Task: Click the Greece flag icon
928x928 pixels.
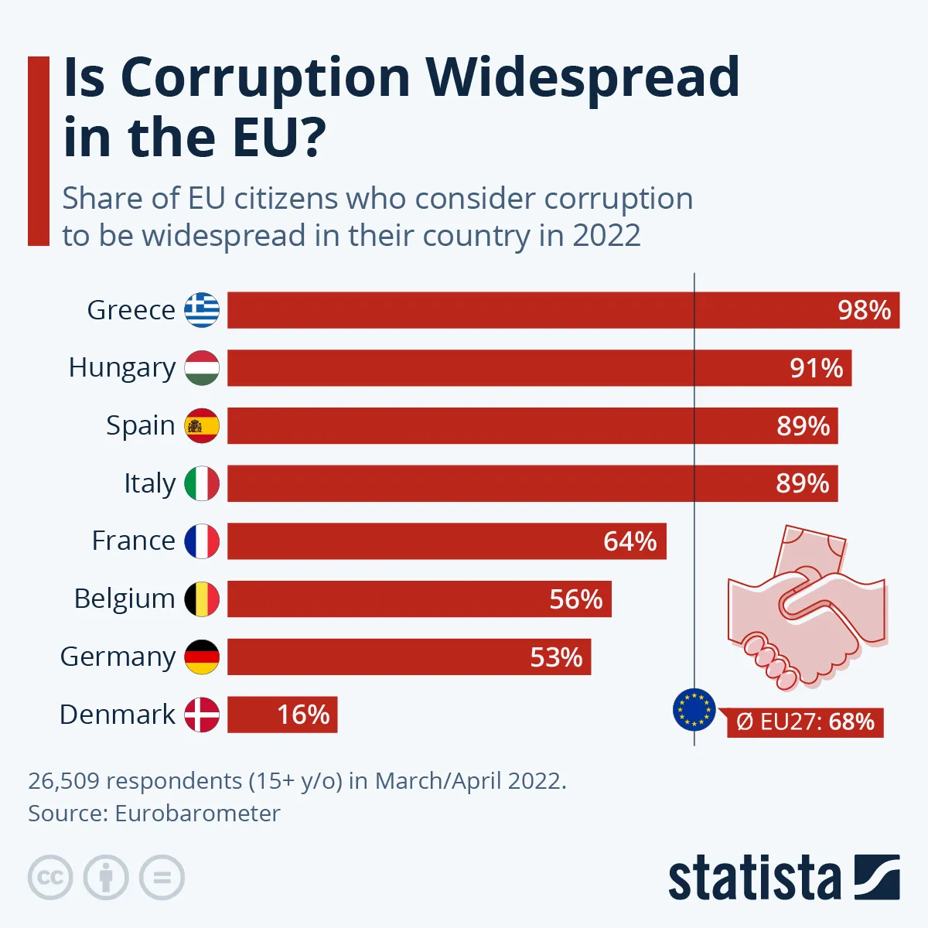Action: (x=202, y=310)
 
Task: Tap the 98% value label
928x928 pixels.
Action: (x=864, y=310)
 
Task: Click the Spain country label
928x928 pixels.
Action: (x=140, y=425)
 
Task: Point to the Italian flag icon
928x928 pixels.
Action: (x=202, y=483)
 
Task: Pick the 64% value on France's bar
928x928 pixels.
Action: (x=629, y=541)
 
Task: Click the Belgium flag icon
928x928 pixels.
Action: (x=202, y=599)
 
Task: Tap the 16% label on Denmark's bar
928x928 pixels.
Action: (x=303, y=715)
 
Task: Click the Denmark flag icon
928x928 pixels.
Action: (x=202, y=715)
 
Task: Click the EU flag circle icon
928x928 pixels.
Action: (x=694, y=709)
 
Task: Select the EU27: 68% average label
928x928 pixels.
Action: (x=805, y=722)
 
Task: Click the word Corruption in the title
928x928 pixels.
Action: (x=265, y=78)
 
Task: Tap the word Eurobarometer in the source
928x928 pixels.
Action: (x=197, y=814)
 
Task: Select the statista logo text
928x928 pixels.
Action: (x=754, y=879)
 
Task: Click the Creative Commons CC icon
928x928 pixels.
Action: (x=50, y=878)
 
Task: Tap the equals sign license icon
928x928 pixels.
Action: (x=162, y=878)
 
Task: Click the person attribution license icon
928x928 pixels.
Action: (x=106, y=878)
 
